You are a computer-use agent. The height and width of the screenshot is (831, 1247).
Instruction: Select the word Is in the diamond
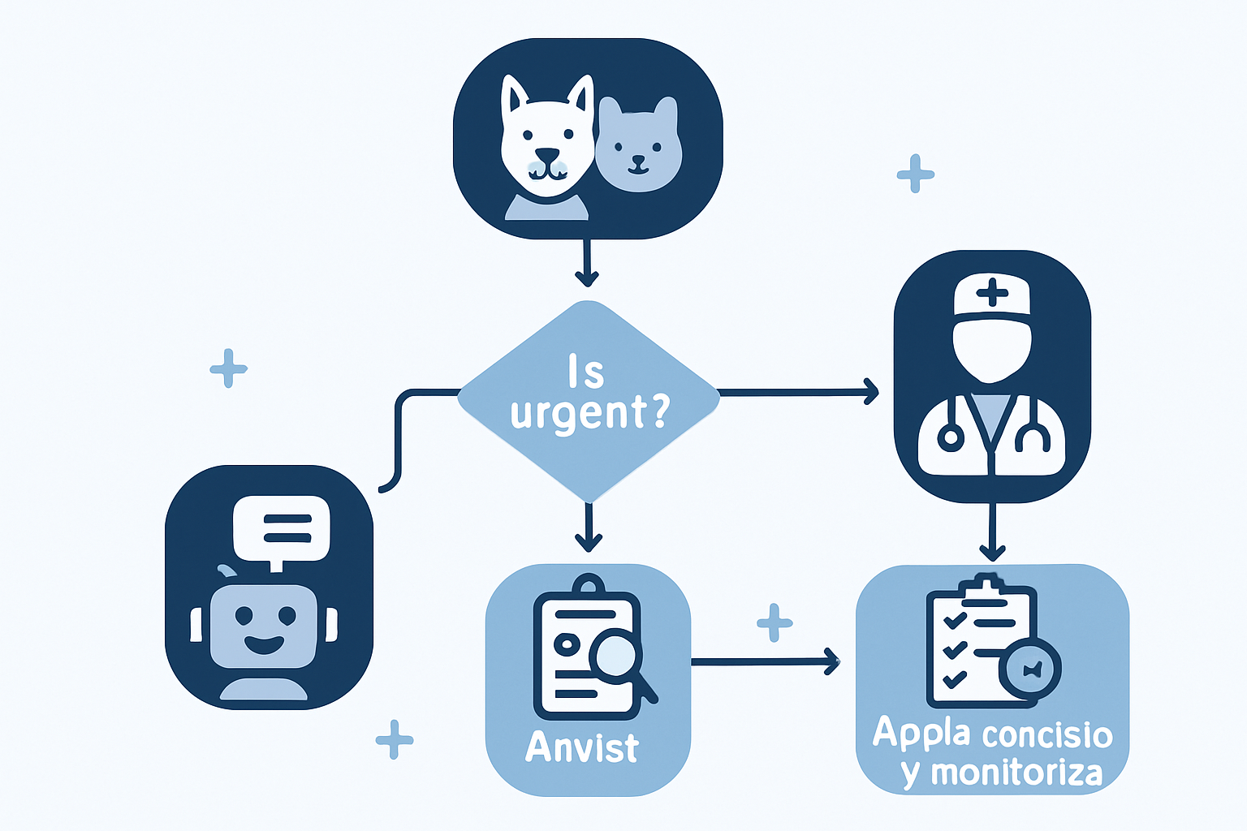(586, 372)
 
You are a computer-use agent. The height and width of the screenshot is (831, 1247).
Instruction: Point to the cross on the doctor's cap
(992, 292)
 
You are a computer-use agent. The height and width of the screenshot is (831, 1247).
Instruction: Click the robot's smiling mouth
(264, 644)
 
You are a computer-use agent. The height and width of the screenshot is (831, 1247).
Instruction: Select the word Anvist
(582, 747)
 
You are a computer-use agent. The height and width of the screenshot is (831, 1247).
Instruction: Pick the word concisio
(1047, 734)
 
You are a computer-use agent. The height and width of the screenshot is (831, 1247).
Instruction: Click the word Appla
(922, 734)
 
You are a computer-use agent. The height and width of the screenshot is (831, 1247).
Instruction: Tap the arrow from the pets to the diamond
(587, 263)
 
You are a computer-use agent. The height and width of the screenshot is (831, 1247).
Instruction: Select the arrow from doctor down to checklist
(992, 532)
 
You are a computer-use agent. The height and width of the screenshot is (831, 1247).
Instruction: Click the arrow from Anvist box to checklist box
(765, 661)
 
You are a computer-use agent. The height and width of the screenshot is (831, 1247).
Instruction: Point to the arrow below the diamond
(589, 527)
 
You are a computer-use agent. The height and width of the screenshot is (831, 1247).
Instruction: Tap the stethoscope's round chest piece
(951, 438)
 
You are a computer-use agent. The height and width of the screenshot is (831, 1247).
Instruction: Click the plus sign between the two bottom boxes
(775, 622)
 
